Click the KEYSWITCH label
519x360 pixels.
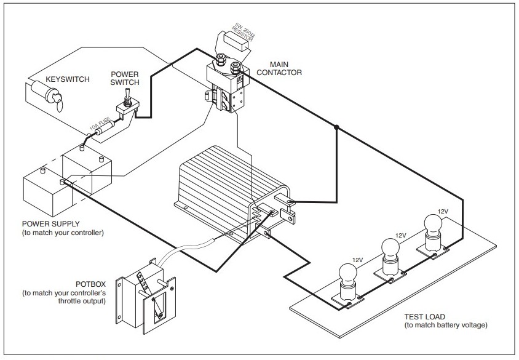coord(68,79)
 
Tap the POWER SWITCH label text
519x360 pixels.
coord(124,78)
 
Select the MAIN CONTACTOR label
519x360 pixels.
coord(279,68)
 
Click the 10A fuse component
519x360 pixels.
coord(105,128)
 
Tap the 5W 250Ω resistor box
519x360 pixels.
coord(237,41)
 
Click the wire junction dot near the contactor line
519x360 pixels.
coord(336,127)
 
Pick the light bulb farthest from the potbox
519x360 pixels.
coord(434,233)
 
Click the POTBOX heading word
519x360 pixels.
coord(90,284)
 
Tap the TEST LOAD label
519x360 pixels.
coord(424,316)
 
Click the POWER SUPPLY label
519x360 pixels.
coord(50,224)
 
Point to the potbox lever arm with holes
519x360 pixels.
coord(145,283)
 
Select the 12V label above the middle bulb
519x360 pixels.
coord(400,235)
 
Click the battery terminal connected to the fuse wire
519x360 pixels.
coord(82,147)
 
